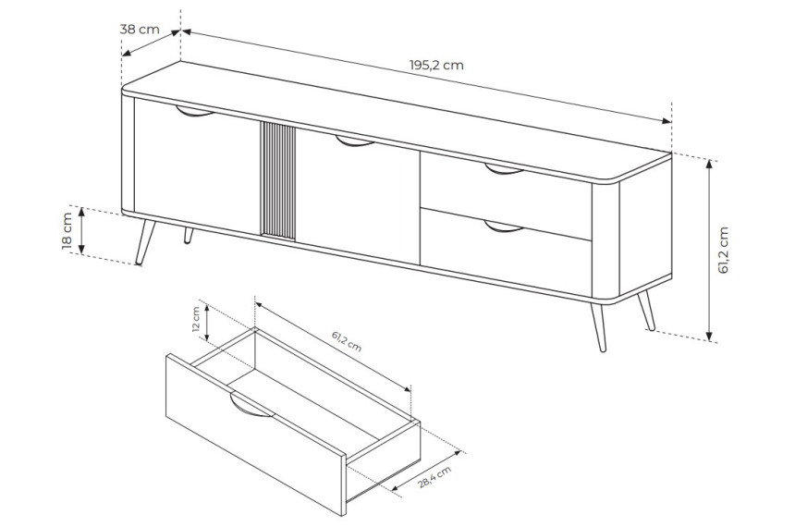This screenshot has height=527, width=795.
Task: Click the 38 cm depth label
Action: tap(140, 29)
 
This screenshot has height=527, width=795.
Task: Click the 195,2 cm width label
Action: tap(436, 66)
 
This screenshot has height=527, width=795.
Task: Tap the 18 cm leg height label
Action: tap(67, 231)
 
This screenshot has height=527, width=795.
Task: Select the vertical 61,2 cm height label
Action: tap(723, 250)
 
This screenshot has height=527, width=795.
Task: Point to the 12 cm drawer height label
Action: tap(196, 319)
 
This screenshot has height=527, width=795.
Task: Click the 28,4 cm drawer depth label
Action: tap(434, 477)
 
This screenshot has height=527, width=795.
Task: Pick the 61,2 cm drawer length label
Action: tap(347, 341)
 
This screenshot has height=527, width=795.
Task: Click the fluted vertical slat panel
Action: tap(277, 180)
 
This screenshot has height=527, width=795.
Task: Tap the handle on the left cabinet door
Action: tap(195, 112)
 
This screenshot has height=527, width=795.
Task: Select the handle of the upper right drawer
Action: tap(505, 169)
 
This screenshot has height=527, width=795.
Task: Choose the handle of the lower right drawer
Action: tap(505, 227)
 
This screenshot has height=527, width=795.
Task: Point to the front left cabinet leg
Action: tap(145, 242)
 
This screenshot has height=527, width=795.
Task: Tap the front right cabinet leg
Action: tap(598, 327)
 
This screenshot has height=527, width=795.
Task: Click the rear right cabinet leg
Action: tap(646, 311)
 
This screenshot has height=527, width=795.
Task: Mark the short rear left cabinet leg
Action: tap(188, 236)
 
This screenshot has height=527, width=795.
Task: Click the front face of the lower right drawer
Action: tap(506, 251)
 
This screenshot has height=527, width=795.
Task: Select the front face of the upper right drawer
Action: tap(506, 195)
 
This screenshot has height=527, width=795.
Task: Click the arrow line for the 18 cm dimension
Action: tap(81, 231)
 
